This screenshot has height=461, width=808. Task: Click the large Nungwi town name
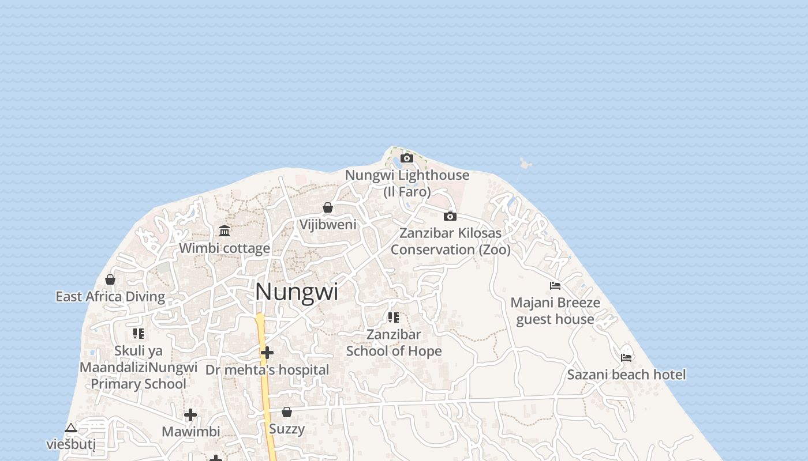pyautogui.click(x=297, y=292)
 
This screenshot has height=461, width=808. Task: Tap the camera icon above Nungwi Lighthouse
pyautogui.click(x=407, y=158)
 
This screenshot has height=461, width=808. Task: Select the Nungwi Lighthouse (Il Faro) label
pyautogui.click(x=407, y=183)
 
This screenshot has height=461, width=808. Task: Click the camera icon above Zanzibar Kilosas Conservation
pyautogui.click(x=450, y=216)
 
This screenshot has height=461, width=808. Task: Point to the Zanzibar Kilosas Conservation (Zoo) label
pyautogui.click(x=451, y=241)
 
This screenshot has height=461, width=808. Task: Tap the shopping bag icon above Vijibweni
pyautogui.click(x=328, y=207)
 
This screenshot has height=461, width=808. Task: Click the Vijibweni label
pyautogui.click(x=328, y=224)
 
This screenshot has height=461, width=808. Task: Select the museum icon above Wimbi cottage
pyautogui.click(x=225, y=231)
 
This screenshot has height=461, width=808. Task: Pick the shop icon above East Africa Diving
pyautogui.click(x=110, y=279)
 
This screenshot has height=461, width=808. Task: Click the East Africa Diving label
pyautogui.click(x=110, y=297)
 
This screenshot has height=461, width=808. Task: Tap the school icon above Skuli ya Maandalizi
pyautogui.click(x=139, y=333)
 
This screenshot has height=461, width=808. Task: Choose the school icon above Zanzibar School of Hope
pyautogui.click(x=394, y=317)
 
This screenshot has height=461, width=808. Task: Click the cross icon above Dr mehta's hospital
pyautogui.click(x=267, y=352)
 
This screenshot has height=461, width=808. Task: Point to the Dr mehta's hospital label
pyautogui.click(x=267, y=369)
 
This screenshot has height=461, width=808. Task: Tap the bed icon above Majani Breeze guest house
pyautogui.click(x=555, y=285)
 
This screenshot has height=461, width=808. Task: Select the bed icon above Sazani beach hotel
pyautogui.click(x=626, y=357)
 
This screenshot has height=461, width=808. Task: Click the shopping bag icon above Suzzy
pyautogui.click(x=287, y=412)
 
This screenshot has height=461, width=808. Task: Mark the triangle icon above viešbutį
pyautogui.click(x=71, y=428)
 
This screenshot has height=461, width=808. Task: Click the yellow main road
pyautogui.click(x=266, y=392)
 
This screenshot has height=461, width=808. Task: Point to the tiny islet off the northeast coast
pyautogui.click(x=525, y=164)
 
